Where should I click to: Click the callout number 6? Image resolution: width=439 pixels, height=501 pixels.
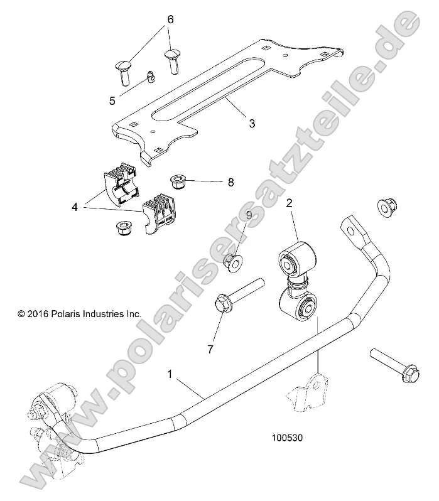click(x=170, y=19)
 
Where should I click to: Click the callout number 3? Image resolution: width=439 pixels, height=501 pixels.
click(x=252, y=123)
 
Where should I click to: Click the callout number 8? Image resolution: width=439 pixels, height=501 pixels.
click(x=230, y=183)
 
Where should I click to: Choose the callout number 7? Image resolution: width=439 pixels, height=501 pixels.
click(x=210, y=348)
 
